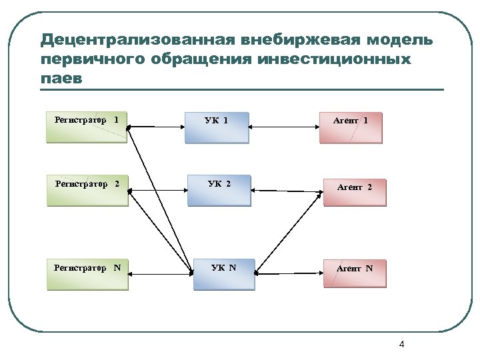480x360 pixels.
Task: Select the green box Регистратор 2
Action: tap(87, 190)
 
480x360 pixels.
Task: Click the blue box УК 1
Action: tap(217, 127)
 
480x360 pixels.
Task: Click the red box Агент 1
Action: tap(351, 127)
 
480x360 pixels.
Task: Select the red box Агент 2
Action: tap(355, 191)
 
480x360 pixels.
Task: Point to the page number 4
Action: tap(401, 345)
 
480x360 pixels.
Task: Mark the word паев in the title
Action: tap(61, 79)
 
